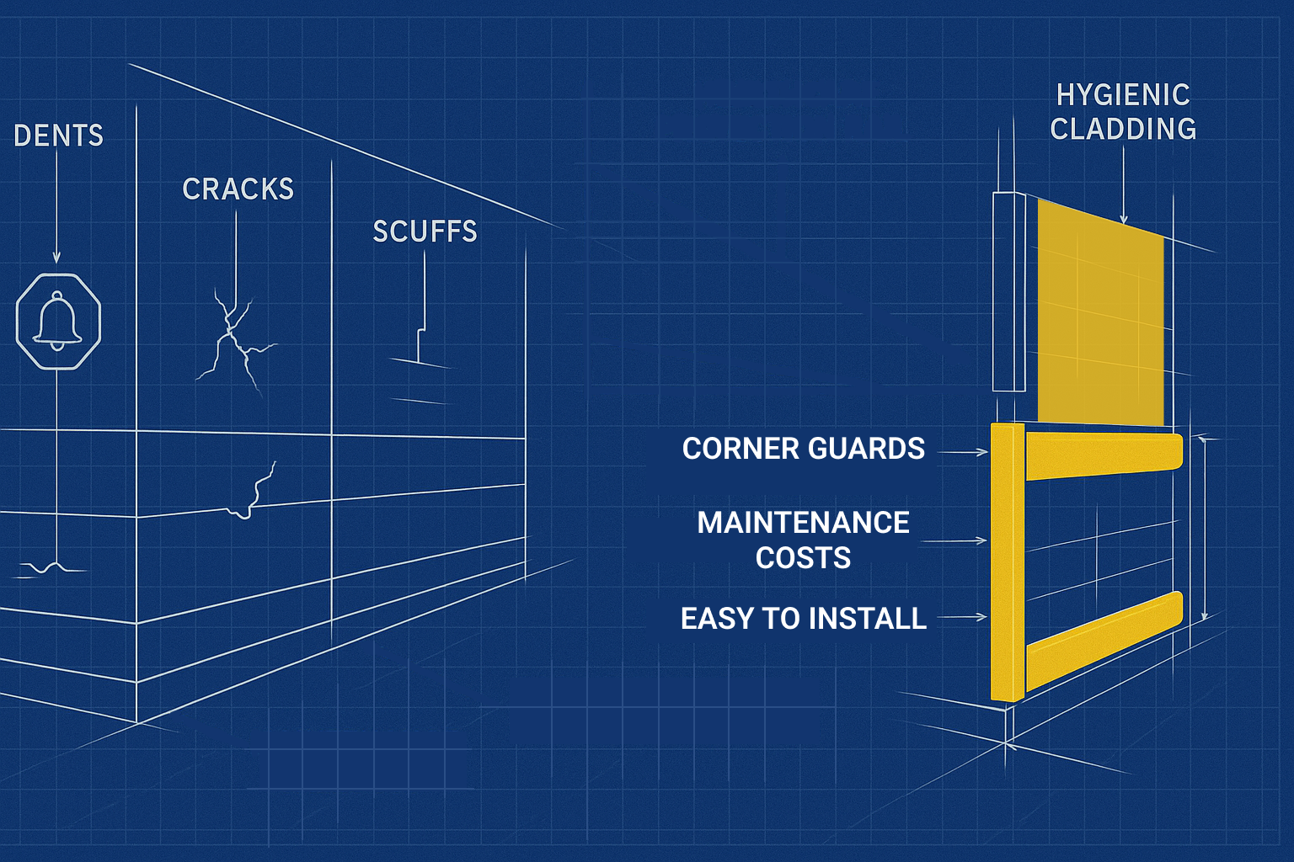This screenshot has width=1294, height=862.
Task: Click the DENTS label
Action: point(58,136)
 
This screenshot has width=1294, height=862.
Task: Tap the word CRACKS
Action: point(238,189)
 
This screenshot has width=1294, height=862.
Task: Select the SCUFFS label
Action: point(425,231)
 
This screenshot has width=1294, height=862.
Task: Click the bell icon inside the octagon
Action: point(57,320)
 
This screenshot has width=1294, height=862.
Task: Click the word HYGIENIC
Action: point(1123,95)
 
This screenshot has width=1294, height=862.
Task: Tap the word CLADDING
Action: point(1123,129)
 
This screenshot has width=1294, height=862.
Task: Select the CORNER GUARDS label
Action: point(803,449)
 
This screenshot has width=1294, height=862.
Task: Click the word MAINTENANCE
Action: point(803,523)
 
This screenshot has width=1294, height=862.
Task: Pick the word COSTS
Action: point(803,558)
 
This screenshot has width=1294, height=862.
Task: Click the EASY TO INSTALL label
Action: point(803,619)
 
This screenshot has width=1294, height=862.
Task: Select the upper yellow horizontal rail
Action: point(1104,455)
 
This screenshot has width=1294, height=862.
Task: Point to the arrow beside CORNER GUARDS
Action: point(962,452)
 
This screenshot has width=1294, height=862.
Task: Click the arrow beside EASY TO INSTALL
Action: point(962,617)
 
